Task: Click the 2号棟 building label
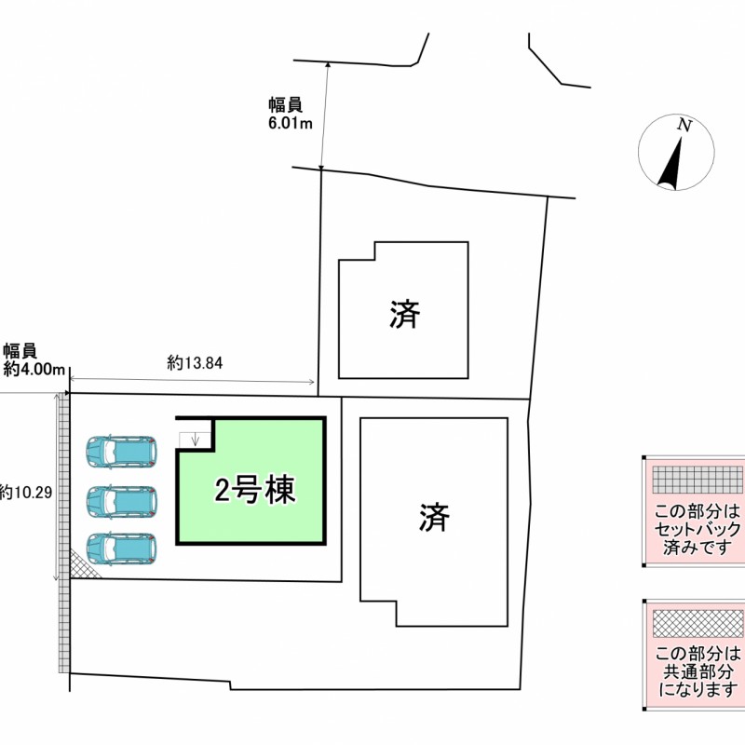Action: point(255,490)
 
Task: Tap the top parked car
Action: point(121,452)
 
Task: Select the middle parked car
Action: point(121,501)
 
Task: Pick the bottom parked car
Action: point(121,549)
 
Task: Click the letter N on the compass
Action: point(684,125)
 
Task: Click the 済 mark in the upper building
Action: point(405,314)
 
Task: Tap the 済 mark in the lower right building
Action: point(434,517)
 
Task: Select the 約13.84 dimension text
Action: point(195,363)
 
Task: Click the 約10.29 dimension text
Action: point(26,493)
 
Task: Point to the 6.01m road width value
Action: point(291,124)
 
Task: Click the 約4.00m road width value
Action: point(34,370)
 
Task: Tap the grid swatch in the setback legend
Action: point(698,480)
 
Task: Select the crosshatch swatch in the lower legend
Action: point(698,623)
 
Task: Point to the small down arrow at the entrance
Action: point(195,440)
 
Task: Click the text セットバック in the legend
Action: point(698,529)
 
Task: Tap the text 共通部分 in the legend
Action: point(698,671)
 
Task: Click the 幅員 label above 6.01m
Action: point(286,105)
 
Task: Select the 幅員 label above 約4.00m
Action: point(20,351)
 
